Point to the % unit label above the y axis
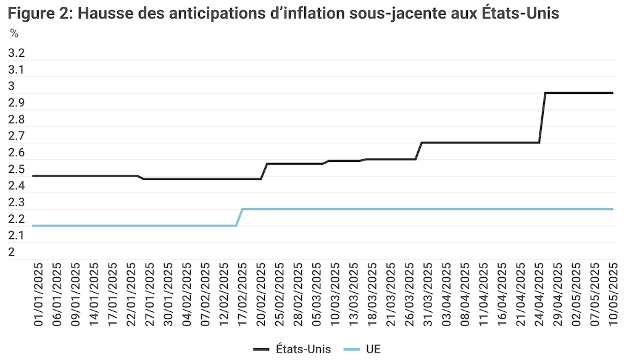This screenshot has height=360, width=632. point(14,34)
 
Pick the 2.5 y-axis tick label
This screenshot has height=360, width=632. point(16,169)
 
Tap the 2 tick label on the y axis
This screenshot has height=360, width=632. point(12,252)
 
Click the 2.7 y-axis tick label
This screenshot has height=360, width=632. point(16,136)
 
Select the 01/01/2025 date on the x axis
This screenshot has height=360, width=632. point(38,293)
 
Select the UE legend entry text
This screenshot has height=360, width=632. point(373,349)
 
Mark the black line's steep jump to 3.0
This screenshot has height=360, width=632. point(543,117)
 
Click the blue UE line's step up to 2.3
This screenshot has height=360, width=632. point(239,217)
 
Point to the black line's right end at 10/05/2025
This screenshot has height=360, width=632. point(612,93)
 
